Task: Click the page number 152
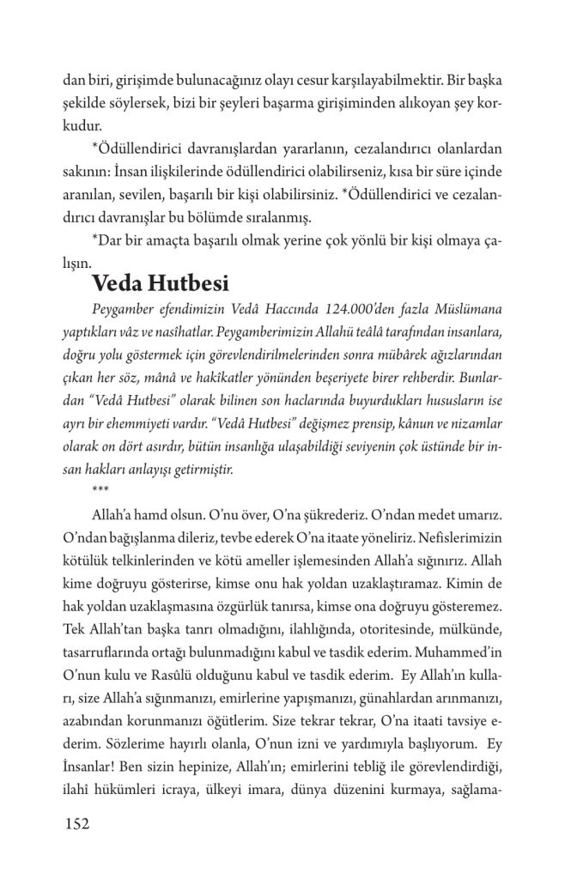[x=78, y=824]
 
